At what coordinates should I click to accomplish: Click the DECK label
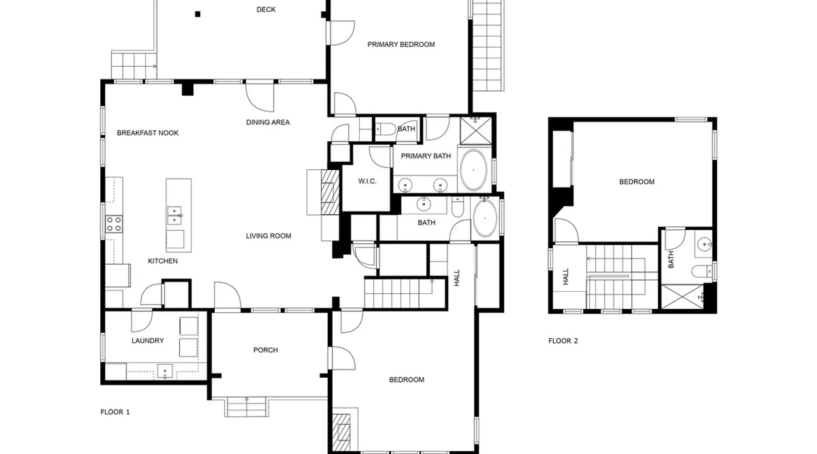266,10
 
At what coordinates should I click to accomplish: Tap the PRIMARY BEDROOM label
401,44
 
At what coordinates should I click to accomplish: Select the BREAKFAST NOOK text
148,133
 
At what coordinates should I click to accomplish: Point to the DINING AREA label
268,122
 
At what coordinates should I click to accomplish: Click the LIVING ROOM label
269,236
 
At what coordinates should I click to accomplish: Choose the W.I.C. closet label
367,182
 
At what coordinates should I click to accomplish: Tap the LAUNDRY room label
148,341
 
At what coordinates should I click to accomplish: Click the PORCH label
266,350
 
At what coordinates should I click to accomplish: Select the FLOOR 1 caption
115,412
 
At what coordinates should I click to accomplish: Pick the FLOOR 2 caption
563,341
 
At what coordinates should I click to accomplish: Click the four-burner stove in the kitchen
114,224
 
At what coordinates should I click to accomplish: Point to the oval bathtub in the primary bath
473,170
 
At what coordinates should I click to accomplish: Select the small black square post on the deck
197,14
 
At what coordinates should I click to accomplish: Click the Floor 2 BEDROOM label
637,182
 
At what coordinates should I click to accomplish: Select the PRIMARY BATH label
426,156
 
